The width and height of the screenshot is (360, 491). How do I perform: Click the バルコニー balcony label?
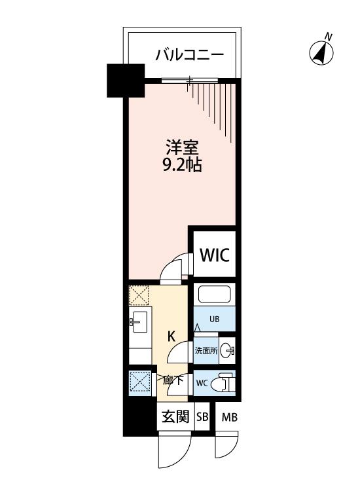(190, 55)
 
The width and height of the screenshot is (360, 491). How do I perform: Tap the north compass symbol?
(321, 50)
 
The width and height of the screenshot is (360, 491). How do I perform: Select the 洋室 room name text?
(182, 148)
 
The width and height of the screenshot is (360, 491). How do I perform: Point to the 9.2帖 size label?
(182, 165)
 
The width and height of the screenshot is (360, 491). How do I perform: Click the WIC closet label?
(215, 255)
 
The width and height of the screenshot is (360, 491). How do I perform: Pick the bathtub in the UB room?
(215, 294)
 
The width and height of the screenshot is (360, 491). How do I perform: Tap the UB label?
(215, 319)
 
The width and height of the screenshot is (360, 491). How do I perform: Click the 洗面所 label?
(206, 351)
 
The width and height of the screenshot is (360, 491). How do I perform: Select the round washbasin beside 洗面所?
(226, 351)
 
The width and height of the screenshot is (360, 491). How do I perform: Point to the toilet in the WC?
(223, 382)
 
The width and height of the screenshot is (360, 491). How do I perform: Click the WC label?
(202, 383)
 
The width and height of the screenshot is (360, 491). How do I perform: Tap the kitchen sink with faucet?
(139, 321)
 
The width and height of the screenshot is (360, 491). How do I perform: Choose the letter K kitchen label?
(171, 336)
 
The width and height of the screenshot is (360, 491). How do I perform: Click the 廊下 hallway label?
(173, 380)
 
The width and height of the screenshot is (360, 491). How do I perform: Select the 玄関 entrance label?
(175, 417)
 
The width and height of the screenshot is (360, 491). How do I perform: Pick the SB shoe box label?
(202, 417)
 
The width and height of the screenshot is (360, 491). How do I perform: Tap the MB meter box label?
(230, 417)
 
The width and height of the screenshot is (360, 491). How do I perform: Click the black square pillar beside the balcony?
(126, 81)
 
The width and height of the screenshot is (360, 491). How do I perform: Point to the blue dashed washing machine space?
(141, 381)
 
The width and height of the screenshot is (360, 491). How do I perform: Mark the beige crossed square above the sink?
(139, 295)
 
